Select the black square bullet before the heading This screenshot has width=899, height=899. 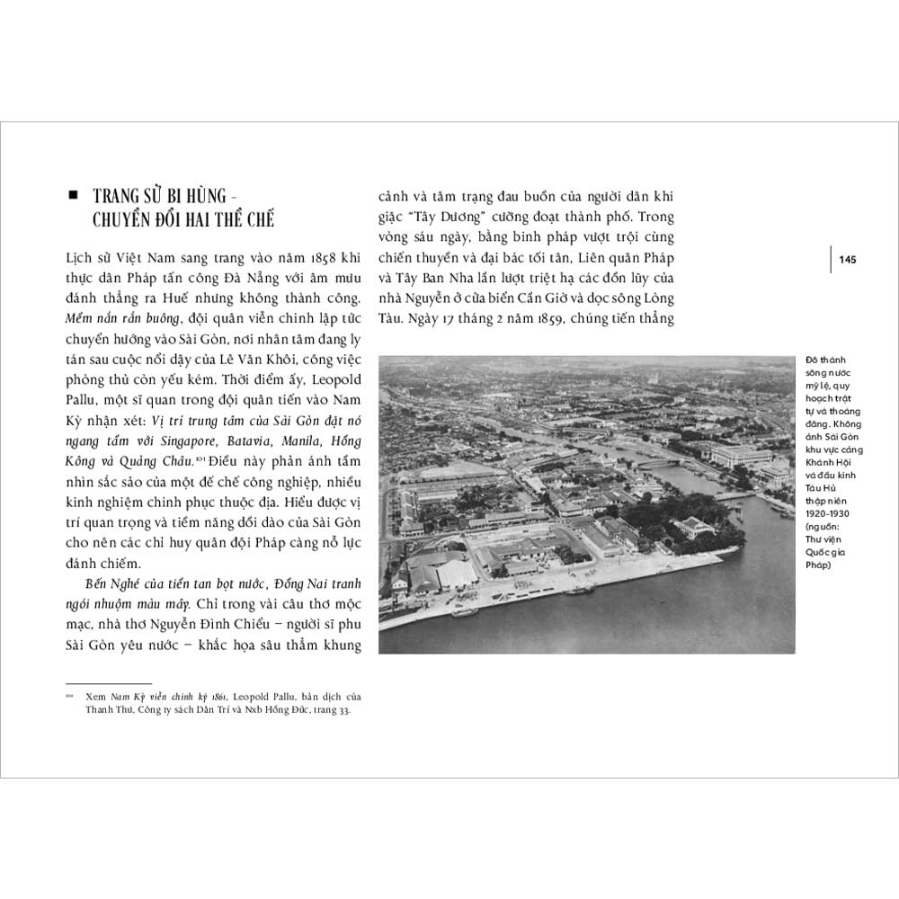[76, 195]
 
